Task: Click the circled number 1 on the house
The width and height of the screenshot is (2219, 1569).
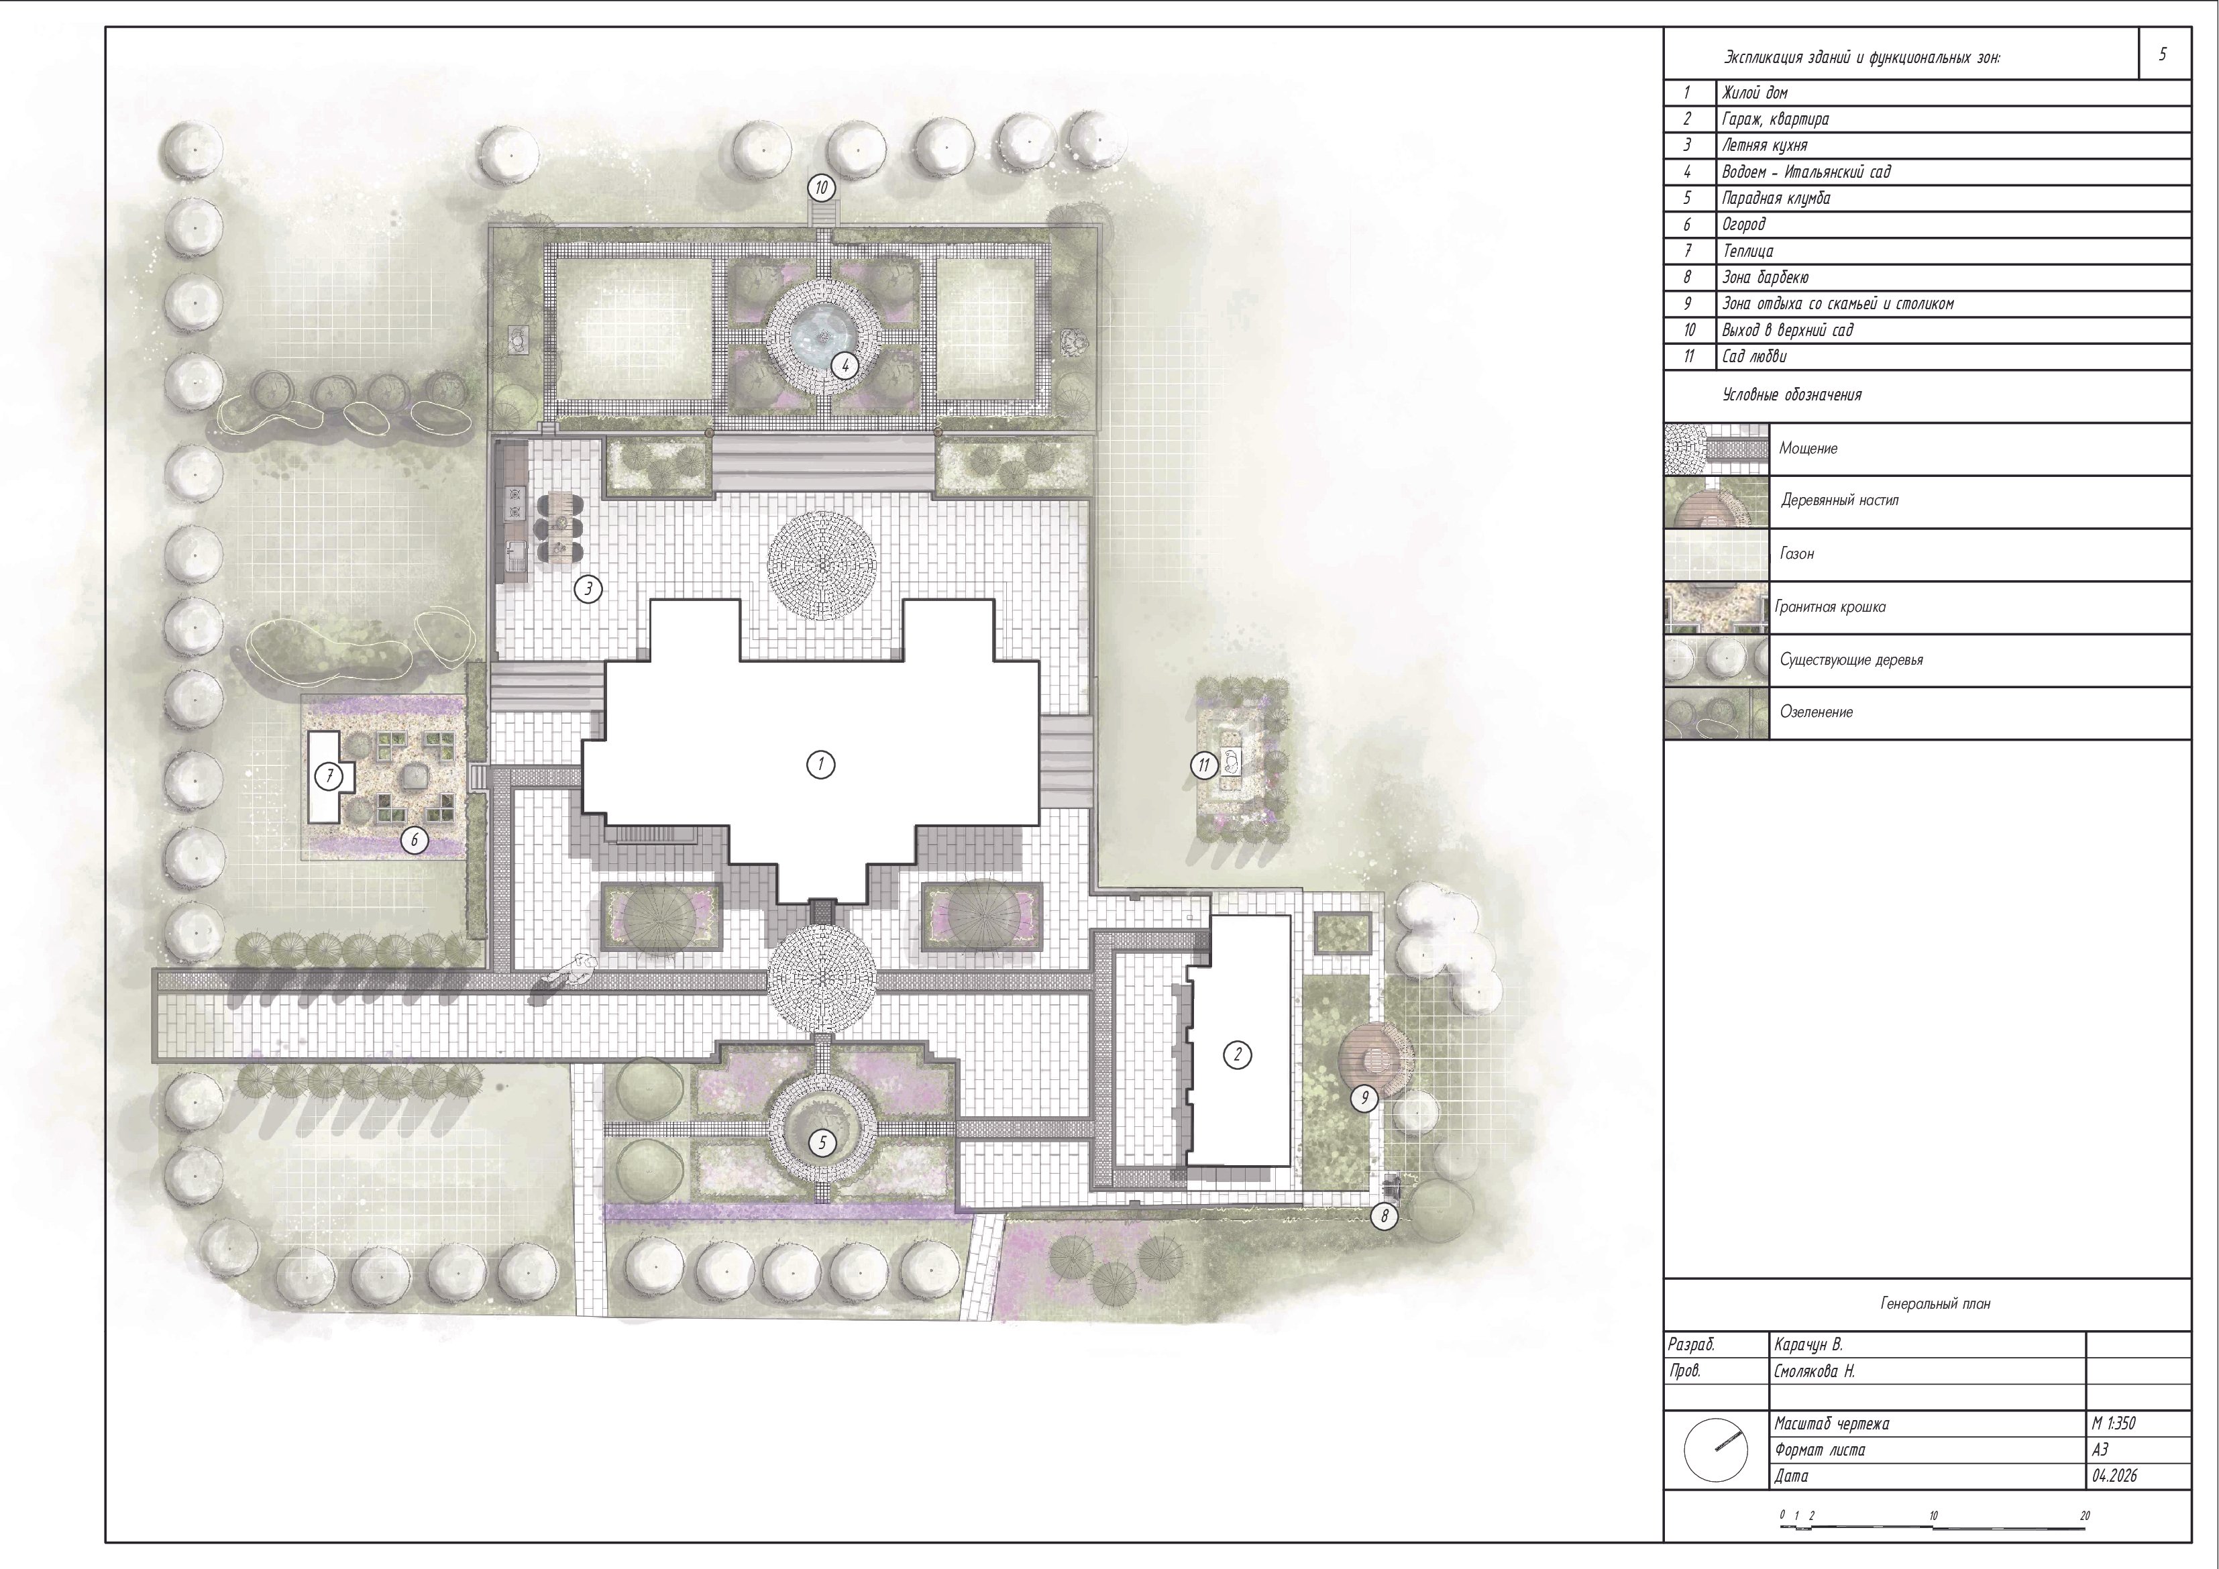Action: point(820,765)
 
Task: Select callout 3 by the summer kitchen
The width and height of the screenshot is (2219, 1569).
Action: point(588,589)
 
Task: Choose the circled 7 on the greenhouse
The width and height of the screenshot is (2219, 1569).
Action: point(329,775)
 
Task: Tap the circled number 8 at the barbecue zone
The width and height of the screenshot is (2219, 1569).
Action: point(1384,1217)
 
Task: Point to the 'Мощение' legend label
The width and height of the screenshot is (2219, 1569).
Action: point(1808,449)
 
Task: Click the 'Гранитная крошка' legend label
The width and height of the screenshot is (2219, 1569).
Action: point(1831,607)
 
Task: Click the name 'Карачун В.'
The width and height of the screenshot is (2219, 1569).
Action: point(1808,1345)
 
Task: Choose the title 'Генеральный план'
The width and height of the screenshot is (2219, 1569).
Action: point(1935,1303)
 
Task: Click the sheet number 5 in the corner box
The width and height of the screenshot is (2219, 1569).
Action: point(2163,54)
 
